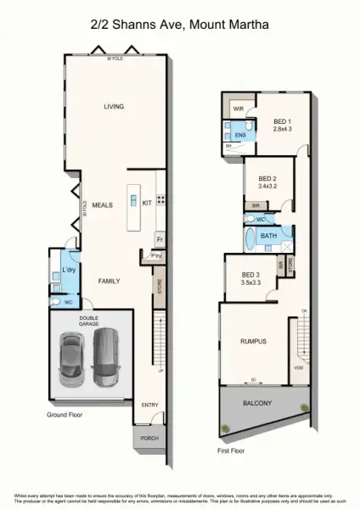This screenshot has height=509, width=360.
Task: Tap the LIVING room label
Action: (x=114, y=107)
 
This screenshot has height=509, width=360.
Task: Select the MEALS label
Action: (x=103, y=205)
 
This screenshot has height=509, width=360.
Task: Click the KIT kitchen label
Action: (x=147, y=203)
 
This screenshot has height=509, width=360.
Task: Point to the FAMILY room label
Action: (x=109, y=281)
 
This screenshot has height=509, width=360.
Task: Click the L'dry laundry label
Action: (x=69, y=270)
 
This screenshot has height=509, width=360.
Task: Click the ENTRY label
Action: (x=149, y=405)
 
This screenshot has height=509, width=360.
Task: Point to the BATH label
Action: (x=268, y=235)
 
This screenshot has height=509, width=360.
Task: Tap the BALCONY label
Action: (x=257, y=405)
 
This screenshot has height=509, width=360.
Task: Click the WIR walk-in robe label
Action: (x=239, y=109)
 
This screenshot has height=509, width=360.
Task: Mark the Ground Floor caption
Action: (x=65, y=415)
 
